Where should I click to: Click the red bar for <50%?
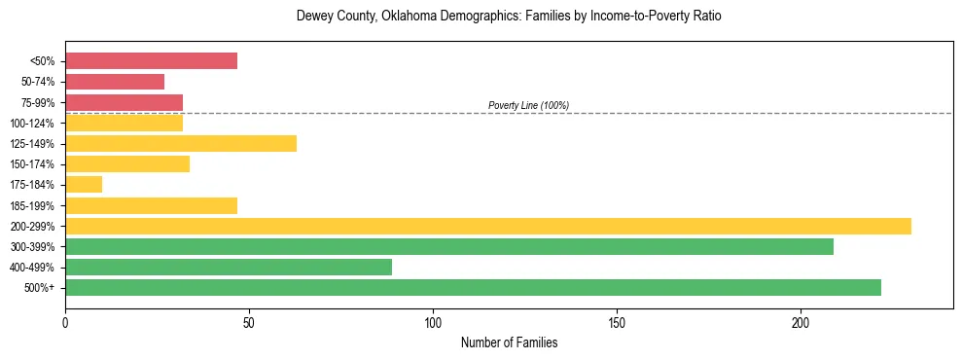151,61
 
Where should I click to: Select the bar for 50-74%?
115,82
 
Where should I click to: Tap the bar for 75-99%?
124,102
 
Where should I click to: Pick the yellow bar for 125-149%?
181,144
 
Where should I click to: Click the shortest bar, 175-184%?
84,185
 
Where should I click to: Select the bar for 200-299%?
488,226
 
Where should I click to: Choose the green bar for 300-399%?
449,246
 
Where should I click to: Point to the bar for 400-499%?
229,267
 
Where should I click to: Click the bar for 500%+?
473,287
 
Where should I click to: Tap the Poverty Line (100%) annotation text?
528,105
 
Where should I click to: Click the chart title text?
509,17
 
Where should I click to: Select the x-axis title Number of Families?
509,342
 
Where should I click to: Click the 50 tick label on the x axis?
249,320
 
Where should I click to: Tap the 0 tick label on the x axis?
65,320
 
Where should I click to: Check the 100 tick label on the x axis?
433,320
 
